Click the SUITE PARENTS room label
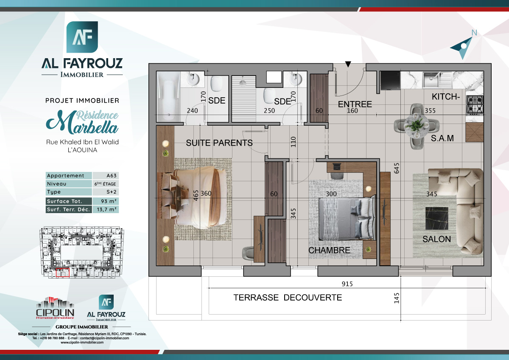click(219, 143)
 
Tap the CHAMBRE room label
click(329, 250)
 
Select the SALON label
click(436, 239)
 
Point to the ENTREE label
click(355, 104)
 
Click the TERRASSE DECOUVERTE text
click(288, 298)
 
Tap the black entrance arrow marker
click(348, 64)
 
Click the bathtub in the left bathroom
click(168, 97)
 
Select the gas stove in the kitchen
click(475, 104)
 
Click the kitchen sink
click(432, 79)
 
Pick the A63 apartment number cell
click(105, 176)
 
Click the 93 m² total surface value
click(105, 201)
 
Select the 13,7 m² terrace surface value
click(105, 209)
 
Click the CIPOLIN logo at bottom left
click(55, 309)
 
